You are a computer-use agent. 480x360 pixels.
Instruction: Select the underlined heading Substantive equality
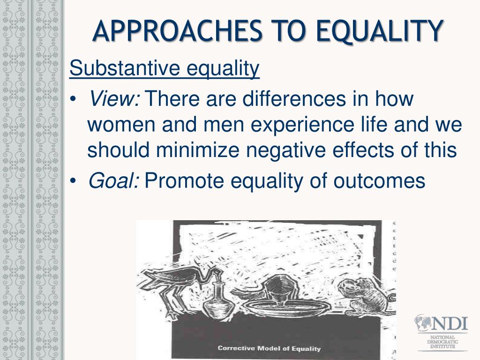click(164, 69)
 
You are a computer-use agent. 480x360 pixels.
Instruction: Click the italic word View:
click(114, 99)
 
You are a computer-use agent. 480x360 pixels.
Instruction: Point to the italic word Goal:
click(113, 180)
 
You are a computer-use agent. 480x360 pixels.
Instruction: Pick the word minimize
click(201, 150)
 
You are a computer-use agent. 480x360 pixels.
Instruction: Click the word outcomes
click(379, 180)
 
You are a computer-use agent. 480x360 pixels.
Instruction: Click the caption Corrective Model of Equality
click(269, 348)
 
